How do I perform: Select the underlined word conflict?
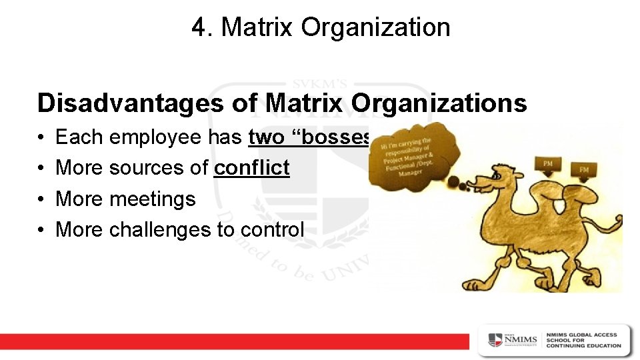click(x=251, y=168)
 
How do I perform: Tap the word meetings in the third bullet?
click(x=152, y=199)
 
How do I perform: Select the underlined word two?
click(x=265, y=137)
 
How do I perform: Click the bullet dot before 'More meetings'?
click(x=41, y=199)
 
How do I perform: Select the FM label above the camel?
click(x=583, y=170)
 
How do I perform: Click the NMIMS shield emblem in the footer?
click(x=495, y=341)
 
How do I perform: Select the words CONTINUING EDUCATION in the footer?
click(x=583, y=345)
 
